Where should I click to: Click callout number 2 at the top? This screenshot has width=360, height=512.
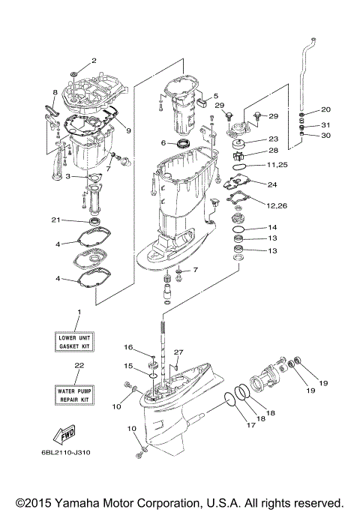point(94,60)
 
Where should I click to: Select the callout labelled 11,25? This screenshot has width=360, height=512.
point(277,165)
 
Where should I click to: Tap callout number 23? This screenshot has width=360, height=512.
point(272,139)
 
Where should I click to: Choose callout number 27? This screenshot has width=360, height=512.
point(178,352)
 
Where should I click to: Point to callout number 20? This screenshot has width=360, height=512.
point(315,109)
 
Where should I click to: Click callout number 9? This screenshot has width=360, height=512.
point(129,130)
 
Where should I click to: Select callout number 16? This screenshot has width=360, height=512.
point(128,347)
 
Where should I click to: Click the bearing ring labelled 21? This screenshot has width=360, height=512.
point(96,222)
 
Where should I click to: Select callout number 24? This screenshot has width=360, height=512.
point(271,184)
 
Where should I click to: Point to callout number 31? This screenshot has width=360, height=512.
point(325,124)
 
